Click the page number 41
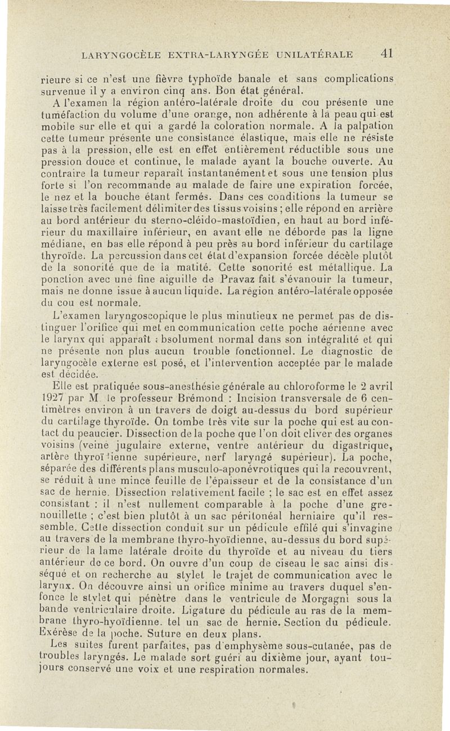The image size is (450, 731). tap(385, 54)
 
